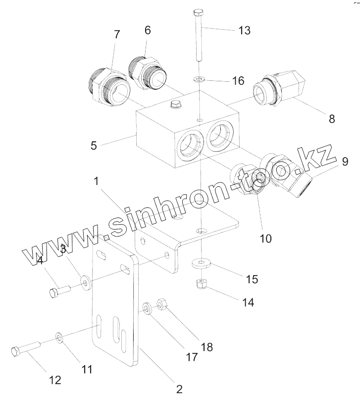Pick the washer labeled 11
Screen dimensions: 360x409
pyautogui.click(x=59, y=338)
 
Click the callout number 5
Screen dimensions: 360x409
pyautogui.click(x=94, y=146)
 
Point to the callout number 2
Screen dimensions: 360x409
pyautogui.click(x=179, y=389)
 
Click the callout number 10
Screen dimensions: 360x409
pyautogui.click(x=265, y=238)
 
